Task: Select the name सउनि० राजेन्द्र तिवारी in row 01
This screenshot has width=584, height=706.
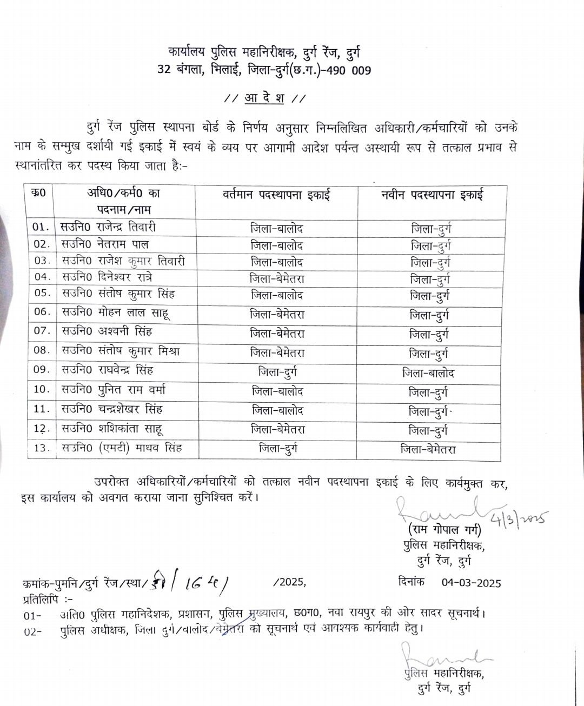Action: (108, 227)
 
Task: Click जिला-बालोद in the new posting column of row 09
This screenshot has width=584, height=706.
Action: (428, 374)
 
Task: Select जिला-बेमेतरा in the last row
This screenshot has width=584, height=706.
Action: (428, 449)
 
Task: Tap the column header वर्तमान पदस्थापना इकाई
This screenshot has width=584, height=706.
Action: (276, 195)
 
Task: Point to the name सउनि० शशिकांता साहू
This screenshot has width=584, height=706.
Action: (112, 429)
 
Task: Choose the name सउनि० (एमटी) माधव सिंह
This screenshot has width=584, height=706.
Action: (122, 448)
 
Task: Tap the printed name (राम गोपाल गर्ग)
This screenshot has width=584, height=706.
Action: (444, 530)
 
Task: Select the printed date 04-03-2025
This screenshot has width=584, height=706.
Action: (471, 583)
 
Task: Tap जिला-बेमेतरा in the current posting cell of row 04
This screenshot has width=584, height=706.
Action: (277, 279)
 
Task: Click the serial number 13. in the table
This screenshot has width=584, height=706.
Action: (42, 448)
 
